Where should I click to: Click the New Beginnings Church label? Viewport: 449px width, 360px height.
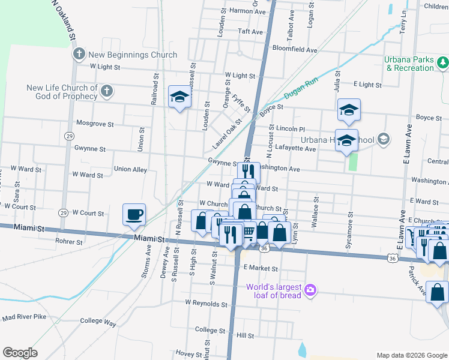(133, 55)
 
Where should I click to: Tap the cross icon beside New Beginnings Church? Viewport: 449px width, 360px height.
(78, 55)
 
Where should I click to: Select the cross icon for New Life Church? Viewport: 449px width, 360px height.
(106, 92)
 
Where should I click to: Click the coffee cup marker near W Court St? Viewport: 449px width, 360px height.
(134, 214)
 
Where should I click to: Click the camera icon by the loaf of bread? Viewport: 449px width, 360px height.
(310, 290)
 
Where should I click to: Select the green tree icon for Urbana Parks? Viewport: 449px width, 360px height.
(442, 62)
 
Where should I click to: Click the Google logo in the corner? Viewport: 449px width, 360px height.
(20, 352)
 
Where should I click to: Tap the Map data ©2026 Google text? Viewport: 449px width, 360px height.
(412, 355)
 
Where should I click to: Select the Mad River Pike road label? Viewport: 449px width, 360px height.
(24, 316)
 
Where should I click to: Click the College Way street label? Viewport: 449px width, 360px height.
(97, 322)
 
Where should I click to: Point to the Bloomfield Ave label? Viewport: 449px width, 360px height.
(295, 49)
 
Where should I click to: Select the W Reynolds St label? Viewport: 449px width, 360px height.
(206, 304)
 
